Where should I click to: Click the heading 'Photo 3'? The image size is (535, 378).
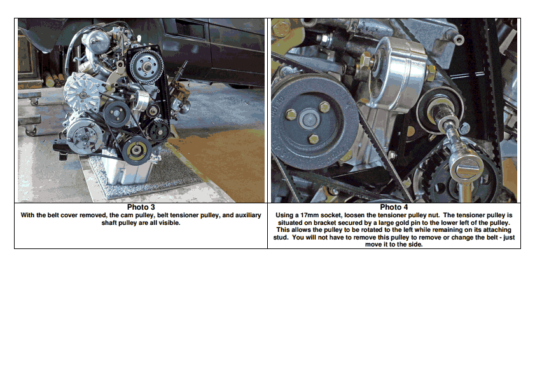coord(141,207)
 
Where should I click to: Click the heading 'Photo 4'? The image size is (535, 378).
coord(394,207)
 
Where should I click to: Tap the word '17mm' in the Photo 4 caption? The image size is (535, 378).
coord(309,215)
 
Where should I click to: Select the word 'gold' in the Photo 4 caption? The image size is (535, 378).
coord(393,222)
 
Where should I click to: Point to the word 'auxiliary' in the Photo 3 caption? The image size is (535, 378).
coord(248,215)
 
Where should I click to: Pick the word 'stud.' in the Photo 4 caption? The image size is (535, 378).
coord(281,237)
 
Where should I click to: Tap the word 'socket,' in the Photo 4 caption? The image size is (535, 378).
coord(331,215)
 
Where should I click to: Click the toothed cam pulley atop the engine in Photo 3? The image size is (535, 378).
coord(147,66)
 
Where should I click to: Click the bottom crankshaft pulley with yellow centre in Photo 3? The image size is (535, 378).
coord(137,151)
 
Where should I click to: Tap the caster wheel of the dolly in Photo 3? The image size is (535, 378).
coord(31,131)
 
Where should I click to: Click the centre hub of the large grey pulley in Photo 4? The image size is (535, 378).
coord(309,119)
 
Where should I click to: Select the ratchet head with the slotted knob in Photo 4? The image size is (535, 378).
coord(466,168)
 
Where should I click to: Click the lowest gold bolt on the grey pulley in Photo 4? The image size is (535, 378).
coord(313,138)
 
